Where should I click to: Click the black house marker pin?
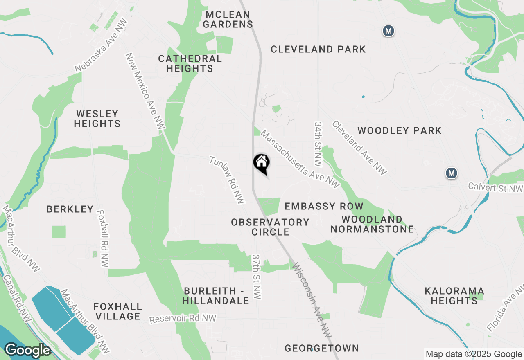[x=262, y=163]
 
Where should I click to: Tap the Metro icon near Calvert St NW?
[x=451, y=173]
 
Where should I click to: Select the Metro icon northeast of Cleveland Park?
[x=388, y=31]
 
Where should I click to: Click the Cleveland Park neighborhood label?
[x=318, y=49]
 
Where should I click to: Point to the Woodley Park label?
[x=399, y=131]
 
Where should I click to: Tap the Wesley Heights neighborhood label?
[x=97, y=119]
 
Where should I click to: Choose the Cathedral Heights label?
[x=190, y=63]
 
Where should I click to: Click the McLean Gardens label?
[x=228, y=19]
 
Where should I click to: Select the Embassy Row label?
[x=324, y=206]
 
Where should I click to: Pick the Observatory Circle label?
[x=270, y=227]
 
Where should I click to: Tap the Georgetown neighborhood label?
[x=322, y=348]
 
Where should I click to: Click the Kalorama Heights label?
[x=454, y=296]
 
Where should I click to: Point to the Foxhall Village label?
[x=117, y=311]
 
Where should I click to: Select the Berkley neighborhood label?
[x=70, y=209]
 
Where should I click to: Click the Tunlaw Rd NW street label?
[x=227, y=180]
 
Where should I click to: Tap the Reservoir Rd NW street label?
[x=183, y=319]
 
